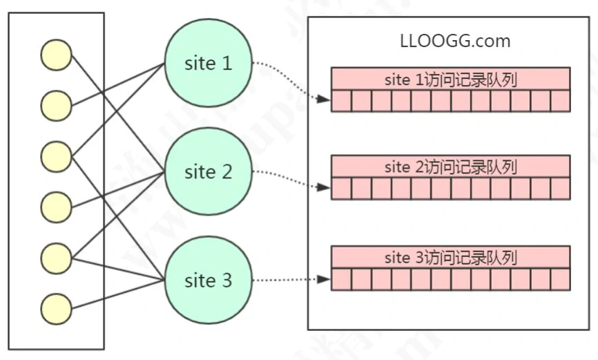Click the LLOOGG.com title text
pyautogui.click(x=455, y=41)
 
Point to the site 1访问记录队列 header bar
pyautogui.click(x=451, y=79)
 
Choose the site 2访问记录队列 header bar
pyautogui.click(x=451, y=167)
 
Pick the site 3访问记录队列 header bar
pyautogui.click(x=451, y=257)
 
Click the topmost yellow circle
pyautogui.click(x=56, y=55)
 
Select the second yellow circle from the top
pyautogui.click(x=56, y=106)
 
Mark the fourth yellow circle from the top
pyautogui.click(x=56, y=207)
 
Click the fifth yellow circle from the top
pyautogui.click(x=56, y=258)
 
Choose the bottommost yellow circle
pyautogui.click(x=56, y=308)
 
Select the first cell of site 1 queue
pyautogui.click(x=342, y=101)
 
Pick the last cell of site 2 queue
pyautogui.click(x=560, y=189)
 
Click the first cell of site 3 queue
pyautogui.click(x=342, y=279)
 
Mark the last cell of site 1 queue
pyautogui.click(x=560, y=101)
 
